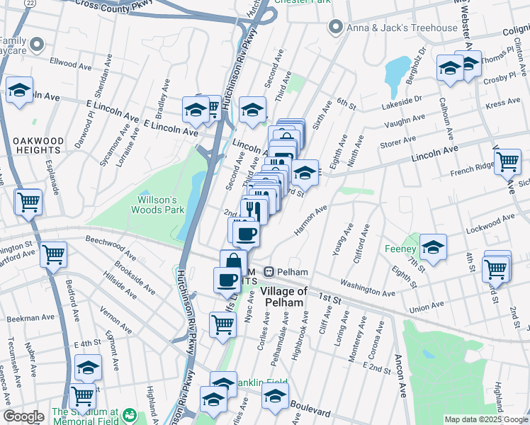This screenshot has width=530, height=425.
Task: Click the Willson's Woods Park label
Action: pyautogui.click(x=160, y=204)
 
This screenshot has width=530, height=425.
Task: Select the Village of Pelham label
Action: pyautogui.click(x=283, y=297)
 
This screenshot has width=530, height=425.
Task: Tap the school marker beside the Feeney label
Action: pyautogui.click(x=433, y=247)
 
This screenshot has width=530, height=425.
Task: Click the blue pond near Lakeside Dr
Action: pyautogui.click(x=394, y=72)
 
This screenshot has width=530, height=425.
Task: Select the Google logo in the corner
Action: pyautogui.click(x=23, y=416)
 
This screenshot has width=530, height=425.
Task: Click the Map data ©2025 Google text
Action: pyautogui.click(x=486, y=419)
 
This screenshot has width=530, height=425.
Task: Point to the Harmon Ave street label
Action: pyautogui.click(x=311, y=220)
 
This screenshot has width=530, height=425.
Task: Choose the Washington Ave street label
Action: pyautogui.click(x=367, y=288)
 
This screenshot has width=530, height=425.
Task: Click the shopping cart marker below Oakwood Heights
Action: pyautogui.click(x=29, y=202)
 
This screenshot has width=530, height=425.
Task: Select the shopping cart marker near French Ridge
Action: pyautogui.click(x=507, y=161)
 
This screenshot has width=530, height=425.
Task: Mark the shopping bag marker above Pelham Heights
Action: pyautogui.click(x=233, y=261)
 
